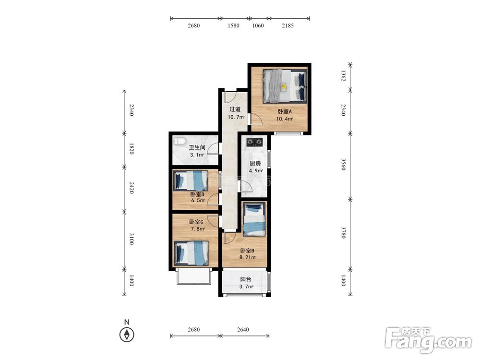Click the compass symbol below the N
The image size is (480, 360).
pos(127,335)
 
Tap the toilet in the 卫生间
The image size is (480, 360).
pos(180,141)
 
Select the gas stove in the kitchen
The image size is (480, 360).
pos(255,142)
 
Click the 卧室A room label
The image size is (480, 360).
pos(284,112)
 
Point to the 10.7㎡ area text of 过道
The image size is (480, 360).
pos(236,117)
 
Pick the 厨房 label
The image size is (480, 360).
pos(255,164)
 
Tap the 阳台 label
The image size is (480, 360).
pos(245,279)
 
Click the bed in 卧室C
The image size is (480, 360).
pos(192,253)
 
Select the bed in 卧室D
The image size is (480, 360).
pos(191,180)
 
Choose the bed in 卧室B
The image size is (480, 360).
pos(254,220)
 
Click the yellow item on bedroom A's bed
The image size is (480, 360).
pos(284,87)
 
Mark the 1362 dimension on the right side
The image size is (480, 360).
pos(343,76)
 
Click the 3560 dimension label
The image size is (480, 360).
pos(343,164)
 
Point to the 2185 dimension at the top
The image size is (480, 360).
pos(288,26)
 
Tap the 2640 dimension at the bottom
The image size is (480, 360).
pos(243,329)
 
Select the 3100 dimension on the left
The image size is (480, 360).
pos(131,239)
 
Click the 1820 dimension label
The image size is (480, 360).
pos(131,148)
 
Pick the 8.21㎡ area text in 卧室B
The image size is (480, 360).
pos(248,257)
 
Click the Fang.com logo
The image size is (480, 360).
pos(428,339)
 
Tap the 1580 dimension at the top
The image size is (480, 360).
pos(233,26)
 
